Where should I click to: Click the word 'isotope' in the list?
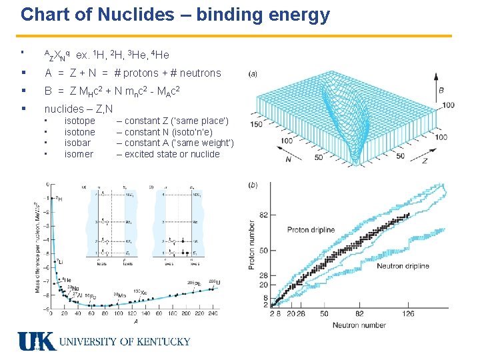point(79,121)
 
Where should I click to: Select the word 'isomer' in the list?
point(79,154)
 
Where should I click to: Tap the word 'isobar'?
point(77,143)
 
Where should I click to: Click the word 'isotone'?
point(79,132)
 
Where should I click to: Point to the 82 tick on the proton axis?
point(264,215)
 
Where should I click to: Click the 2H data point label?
point(59,199)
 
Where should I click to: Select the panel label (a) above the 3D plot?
point(253,73)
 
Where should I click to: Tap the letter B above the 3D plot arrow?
point(441,90)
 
